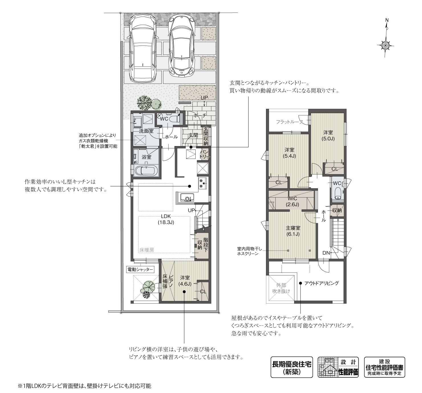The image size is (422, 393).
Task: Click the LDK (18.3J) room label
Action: [166, 219]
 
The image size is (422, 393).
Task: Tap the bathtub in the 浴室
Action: [146, 171]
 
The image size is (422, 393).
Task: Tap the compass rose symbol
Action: [386, 45]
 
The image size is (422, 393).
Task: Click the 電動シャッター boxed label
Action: [140, 269]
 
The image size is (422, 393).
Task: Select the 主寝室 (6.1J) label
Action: [293, 231]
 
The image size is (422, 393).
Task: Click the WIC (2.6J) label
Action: [293, 201]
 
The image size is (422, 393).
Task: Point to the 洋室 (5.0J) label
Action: [328, 136]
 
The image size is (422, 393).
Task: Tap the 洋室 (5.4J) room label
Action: [289, 153]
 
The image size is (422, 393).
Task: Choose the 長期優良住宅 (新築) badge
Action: [291, 367]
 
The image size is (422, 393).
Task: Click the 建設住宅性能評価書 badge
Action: [384, 367]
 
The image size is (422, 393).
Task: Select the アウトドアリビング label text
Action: [321, 283]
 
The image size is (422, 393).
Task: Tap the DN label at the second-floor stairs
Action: [326, 253]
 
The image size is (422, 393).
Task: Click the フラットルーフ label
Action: [289, 122]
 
